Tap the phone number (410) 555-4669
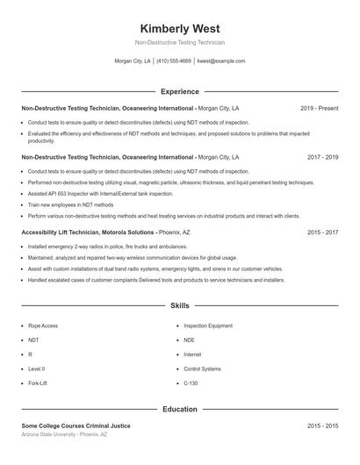click(174, 61)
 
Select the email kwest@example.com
click(220, 61)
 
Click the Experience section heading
click(179, 91)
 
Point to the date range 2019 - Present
click(319, 108)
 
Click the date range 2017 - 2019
click(322, 157)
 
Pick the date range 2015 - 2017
click(322, 232)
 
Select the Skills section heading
click(179, 306)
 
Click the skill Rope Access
click(43, 325)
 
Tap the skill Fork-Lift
click(38, 383)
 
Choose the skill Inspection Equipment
click(208, 325)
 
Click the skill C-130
click(191, 383)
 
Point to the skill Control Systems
click(202, 369)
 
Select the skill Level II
click(37, 369)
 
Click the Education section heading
click(179, 409)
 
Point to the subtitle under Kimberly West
click(179, 42)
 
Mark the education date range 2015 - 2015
click(322, 426)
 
